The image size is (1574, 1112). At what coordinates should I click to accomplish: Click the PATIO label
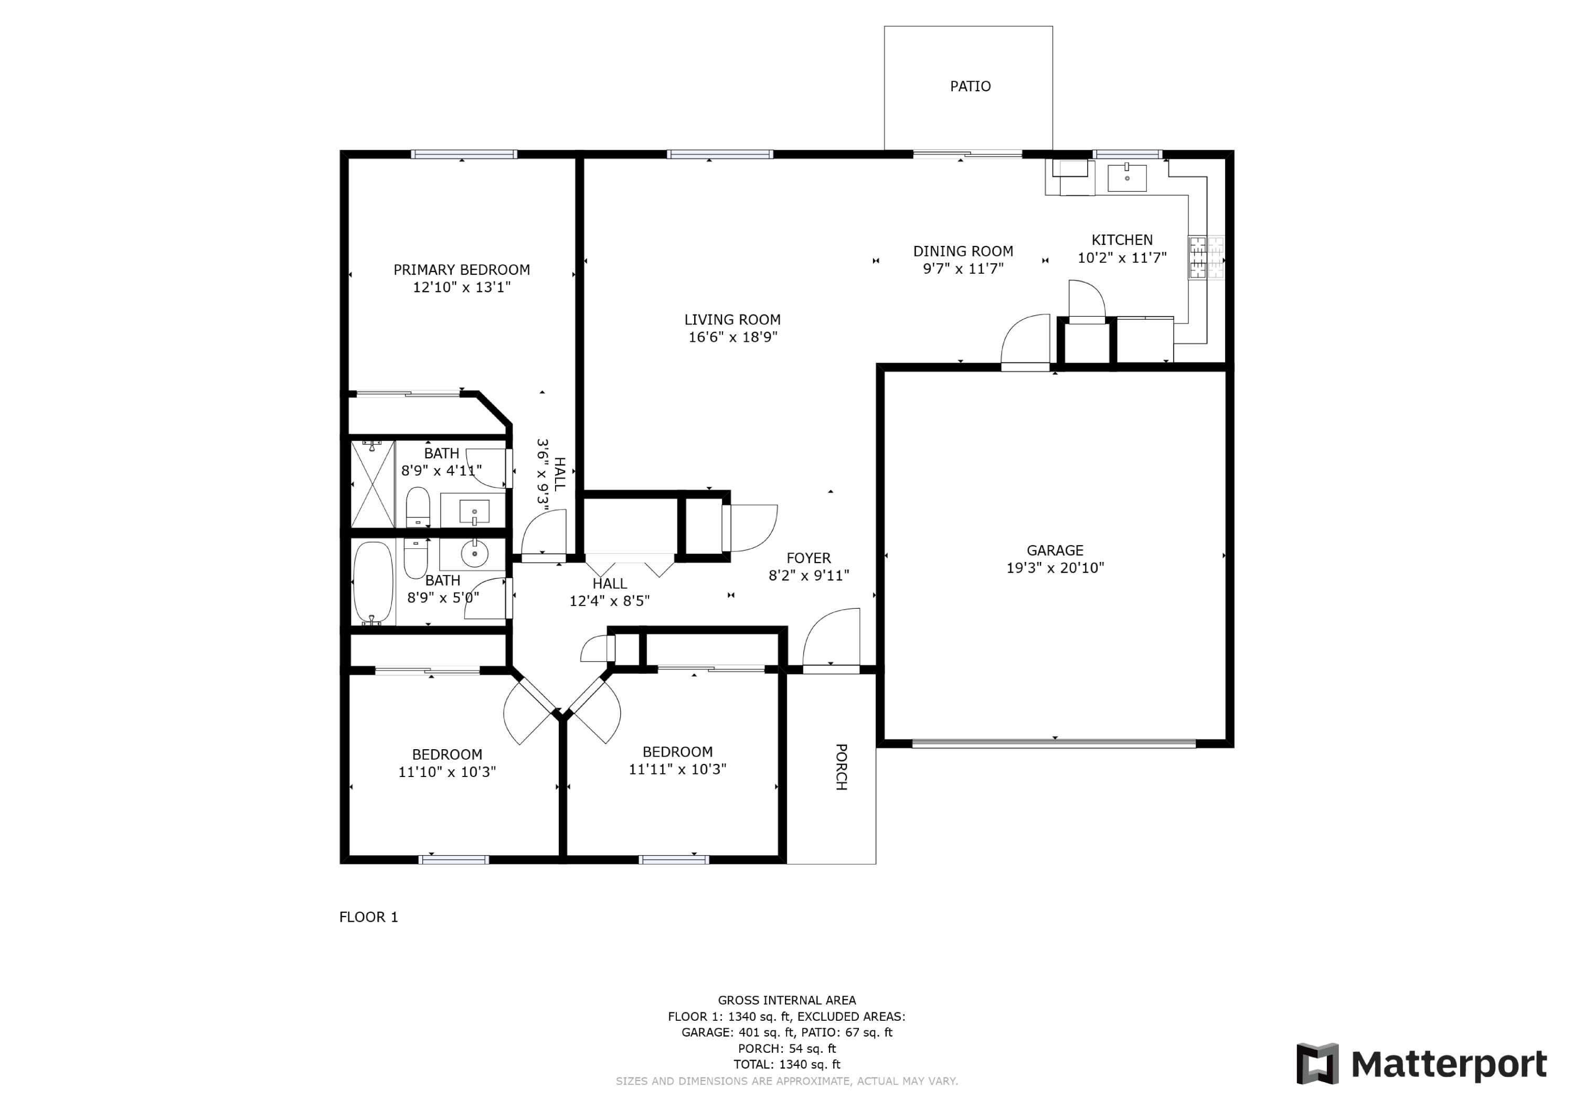(970, 87)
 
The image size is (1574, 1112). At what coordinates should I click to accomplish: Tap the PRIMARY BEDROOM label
(461, 270)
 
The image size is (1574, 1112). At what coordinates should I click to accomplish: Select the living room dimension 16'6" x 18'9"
(733, 337)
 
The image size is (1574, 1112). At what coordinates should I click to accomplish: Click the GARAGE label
(1055, 550)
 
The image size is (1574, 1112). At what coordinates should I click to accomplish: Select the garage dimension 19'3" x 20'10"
(1055, 568)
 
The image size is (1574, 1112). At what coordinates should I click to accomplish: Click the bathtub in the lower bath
(373, 582)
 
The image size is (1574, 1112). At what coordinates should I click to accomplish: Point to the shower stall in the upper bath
(372, 484)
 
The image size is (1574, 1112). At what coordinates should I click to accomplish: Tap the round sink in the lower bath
(474, 554)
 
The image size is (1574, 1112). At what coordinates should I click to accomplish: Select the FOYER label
(809, 558)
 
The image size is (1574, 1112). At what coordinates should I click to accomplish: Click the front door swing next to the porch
(831, 637)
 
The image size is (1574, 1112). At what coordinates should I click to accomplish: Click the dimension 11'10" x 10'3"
(447, 772)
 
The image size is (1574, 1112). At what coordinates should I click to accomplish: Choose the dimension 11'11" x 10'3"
(677, 770)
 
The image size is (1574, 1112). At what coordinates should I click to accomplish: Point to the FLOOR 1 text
(369, 917)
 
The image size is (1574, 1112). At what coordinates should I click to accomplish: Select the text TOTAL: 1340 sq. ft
(787, 1065)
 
